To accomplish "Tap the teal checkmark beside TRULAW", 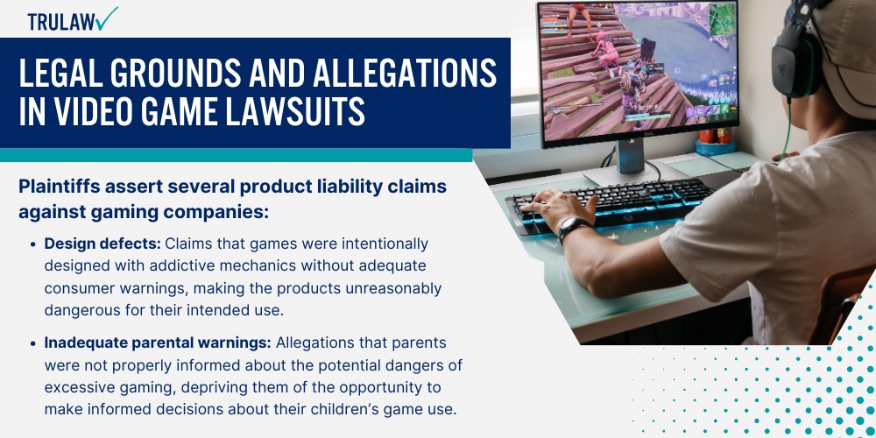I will [108, 18].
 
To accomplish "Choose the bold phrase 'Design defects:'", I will [102, 243].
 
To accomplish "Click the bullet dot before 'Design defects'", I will [34, 244].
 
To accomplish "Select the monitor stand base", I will [626, 173].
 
